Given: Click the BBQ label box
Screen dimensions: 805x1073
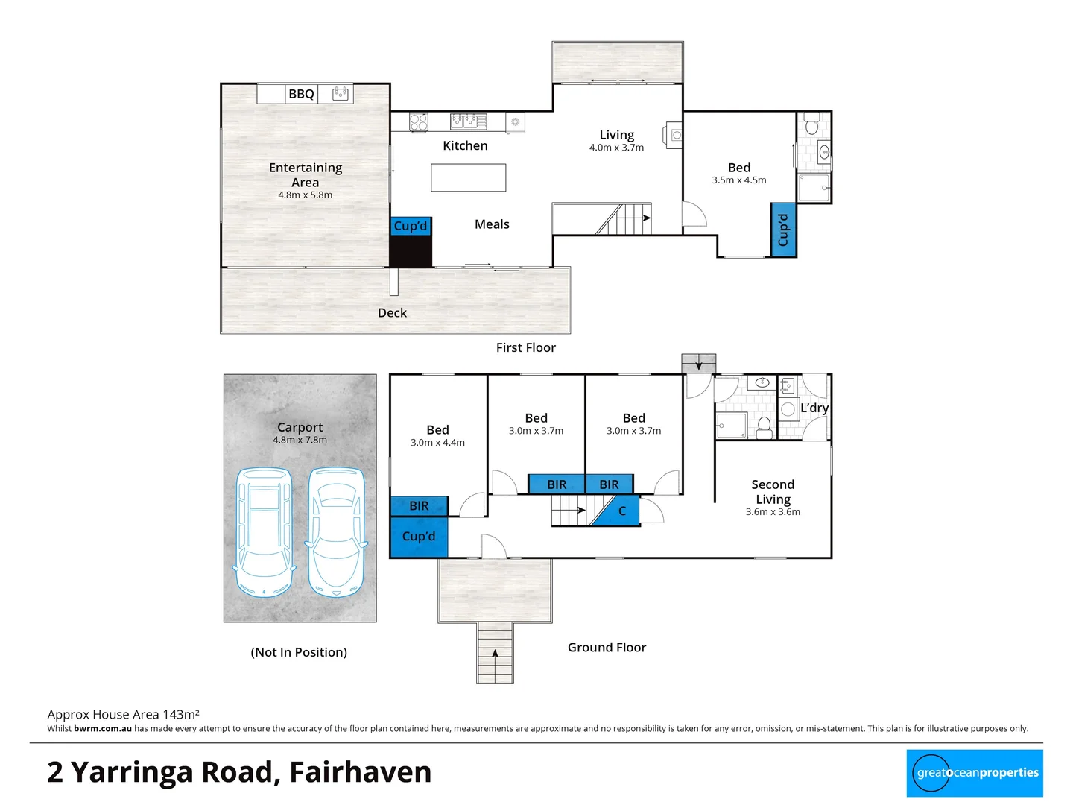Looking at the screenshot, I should (302, 94).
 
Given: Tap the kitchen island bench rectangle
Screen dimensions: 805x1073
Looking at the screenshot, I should (468, 177).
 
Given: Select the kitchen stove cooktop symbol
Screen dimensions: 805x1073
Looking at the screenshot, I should (419, 121).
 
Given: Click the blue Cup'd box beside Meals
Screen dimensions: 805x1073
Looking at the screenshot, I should (411, 226).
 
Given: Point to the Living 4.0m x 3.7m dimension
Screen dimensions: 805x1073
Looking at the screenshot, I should (616, 148).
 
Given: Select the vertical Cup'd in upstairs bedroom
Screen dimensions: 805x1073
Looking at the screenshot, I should (782, 230).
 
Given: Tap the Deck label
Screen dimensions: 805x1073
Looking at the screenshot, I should (392, 313).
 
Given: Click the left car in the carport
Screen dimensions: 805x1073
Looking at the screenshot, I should (263, 531).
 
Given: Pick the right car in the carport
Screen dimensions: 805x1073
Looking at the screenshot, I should (336, 531).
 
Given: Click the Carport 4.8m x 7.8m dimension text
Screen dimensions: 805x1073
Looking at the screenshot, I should (300, 440).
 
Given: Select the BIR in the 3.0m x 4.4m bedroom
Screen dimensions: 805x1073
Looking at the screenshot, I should (419, 506).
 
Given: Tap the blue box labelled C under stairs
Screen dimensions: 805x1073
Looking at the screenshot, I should (622, 511).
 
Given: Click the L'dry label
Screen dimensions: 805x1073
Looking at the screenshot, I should (814, 408).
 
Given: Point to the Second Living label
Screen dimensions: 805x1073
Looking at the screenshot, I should (773, 492).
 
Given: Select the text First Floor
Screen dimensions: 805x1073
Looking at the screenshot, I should (526, 347).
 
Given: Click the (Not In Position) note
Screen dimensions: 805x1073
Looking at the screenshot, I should (299, 652).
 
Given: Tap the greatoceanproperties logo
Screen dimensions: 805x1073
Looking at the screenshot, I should (975, 773).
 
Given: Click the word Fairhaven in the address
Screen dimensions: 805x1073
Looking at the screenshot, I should (360, 772).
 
